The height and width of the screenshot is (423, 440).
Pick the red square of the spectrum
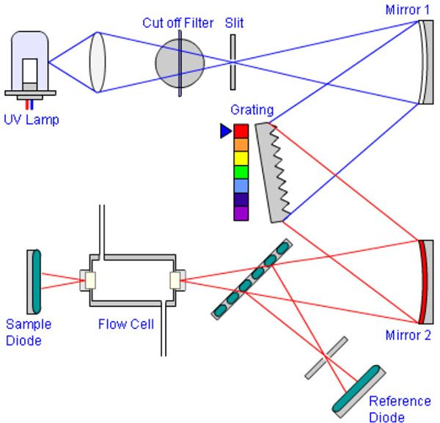241,131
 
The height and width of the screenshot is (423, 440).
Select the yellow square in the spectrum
241,158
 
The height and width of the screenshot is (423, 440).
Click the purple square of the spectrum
241,213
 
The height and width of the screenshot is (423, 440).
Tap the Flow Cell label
126,323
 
